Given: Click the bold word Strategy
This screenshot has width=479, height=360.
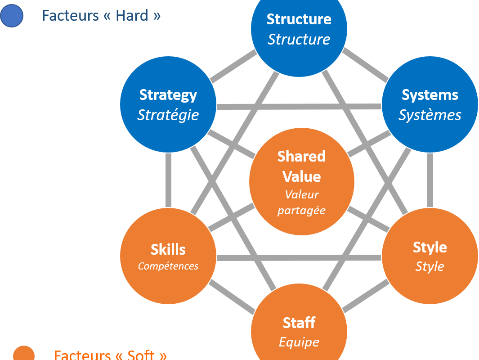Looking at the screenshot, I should tap(168, 95).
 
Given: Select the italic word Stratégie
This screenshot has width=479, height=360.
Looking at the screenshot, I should tap(168, 115).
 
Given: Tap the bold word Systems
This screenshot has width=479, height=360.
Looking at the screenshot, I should tap(430, 95).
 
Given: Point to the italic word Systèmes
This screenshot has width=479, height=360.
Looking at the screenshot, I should tap(430, 115).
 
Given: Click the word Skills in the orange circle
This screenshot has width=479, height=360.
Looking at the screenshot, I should tap(168, 249).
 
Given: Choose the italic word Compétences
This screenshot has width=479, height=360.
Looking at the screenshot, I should tap(168, 266).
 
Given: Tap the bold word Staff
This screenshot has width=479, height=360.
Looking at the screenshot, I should tap(299, 323).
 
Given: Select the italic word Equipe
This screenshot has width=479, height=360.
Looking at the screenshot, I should tap(299, 342).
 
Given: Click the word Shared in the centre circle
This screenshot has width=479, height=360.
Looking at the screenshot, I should tap(301, 157).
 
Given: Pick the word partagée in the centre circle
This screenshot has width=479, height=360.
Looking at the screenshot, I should tap(301, 211).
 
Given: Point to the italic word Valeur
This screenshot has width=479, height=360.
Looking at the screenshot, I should tap(301, 195).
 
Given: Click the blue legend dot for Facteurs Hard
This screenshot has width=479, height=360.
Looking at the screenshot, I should tap(12, 16).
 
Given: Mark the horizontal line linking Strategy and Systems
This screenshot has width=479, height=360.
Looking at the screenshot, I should tap(299, 107).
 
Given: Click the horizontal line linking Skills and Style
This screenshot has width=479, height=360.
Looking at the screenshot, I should tap(299, 258).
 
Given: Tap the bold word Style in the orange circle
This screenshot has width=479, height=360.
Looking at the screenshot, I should tap(430, 247).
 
